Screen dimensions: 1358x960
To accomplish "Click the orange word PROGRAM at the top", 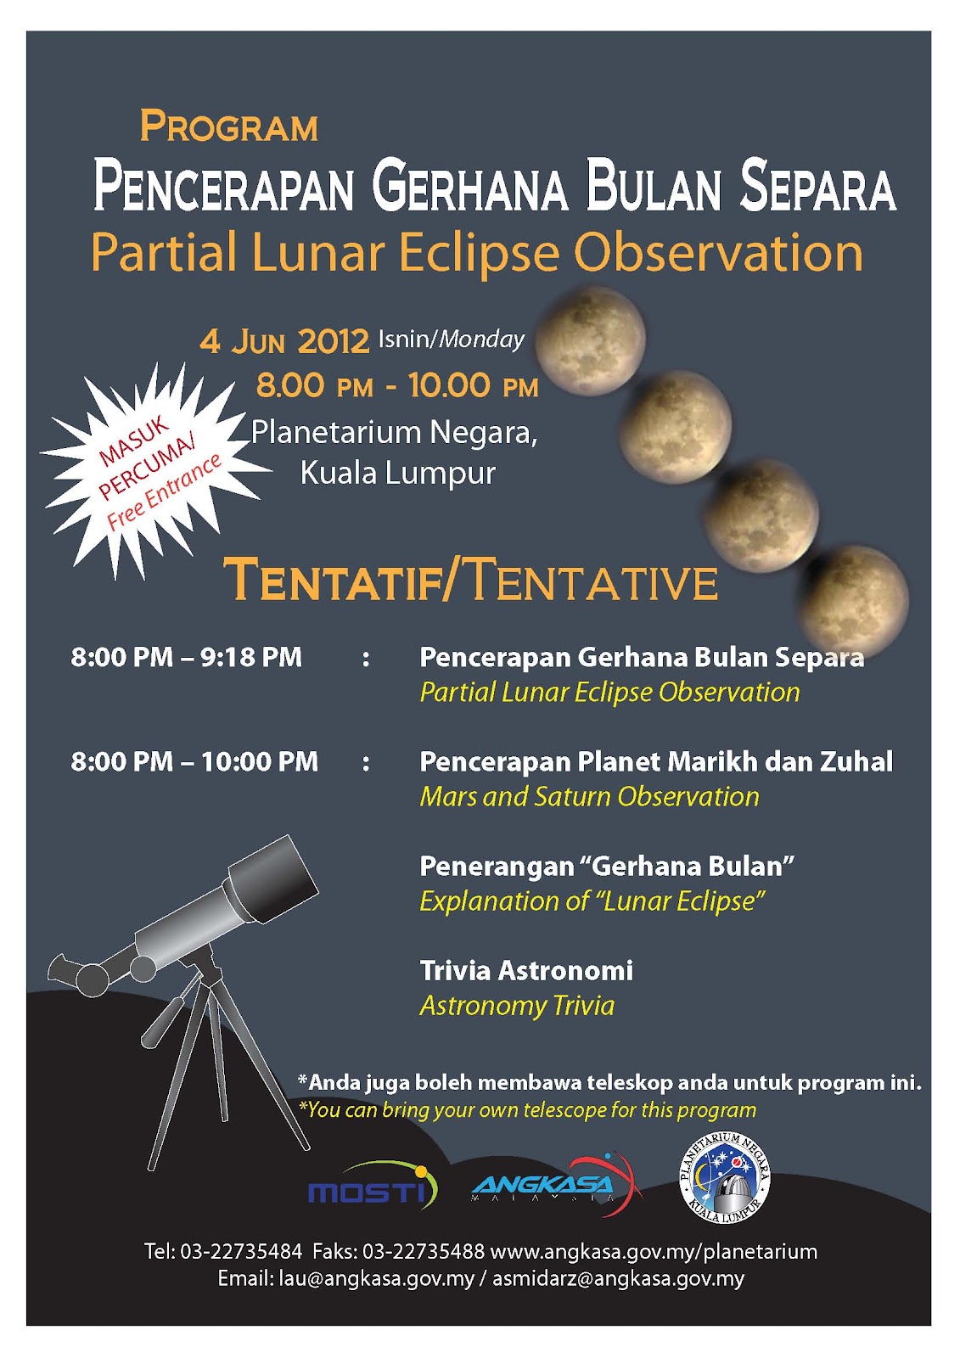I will pyautogui.click(x=229, y=127).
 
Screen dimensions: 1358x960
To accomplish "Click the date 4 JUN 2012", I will pyautogui.click(x=284, y=341).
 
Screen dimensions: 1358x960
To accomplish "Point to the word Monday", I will pyautogui.click(x=481, y=339).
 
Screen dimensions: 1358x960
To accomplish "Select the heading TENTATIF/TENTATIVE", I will pyautogui.click(x=471, y=581).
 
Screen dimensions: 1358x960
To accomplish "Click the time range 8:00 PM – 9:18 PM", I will pyautogui.click(x=186, y=657).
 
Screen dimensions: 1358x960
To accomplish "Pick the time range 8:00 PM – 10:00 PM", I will pyautogui.click(x=194, y=761).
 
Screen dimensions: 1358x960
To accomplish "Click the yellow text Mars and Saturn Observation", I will pyautogui.click(x=589, y=796).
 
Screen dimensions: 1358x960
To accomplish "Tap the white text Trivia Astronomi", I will pyautogui.click(x=526, y=970).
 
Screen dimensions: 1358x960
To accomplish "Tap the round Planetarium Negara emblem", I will pyautogui.click(x=726, y=1180).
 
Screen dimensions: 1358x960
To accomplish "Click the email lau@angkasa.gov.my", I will pyautogui.click(x=376, y=1278).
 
